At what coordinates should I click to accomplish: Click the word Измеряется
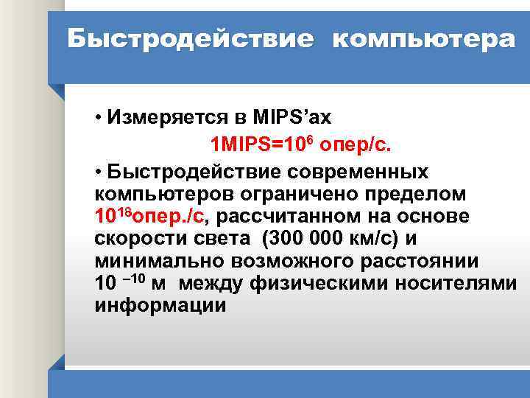pos(174,118)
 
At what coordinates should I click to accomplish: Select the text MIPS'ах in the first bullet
pos(292,118)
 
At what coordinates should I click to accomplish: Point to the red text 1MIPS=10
pos(250,143)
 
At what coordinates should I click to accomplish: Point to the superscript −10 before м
pos(133,279)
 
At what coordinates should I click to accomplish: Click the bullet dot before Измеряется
pos(99,119)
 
